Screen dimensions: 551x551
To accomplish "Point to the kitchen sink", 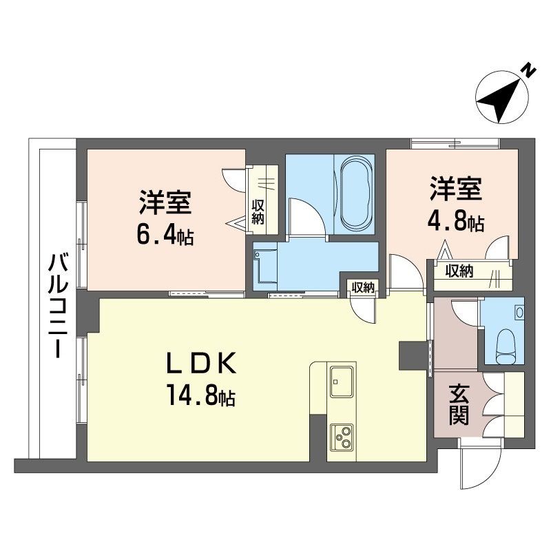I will pyautogui.click(x=340, y=382).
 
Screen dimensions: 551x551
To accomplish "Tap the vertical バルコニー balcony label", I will pyautogui.click(x=58, y=304).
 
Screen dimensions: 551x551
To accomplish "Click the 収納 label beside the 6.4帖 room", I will pyautogui.click(x=258, y=212).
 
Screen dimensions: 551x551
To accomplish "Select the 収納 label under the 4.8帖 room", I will pyautogui.click(x=459, y=271).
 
